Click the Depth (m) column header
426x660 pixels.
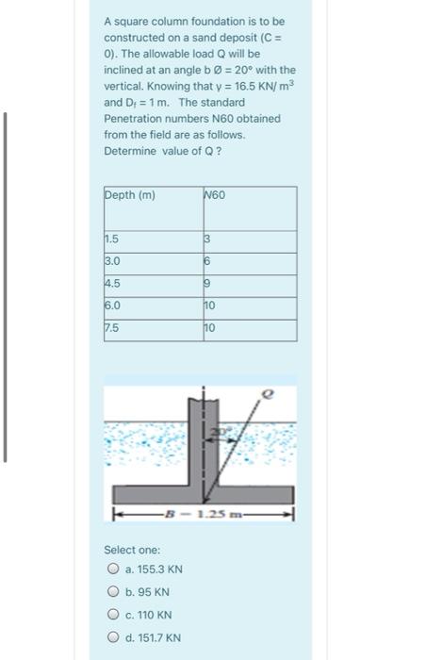click(x=130, y=196)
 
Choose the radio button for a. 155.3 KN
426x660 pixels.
click(x=112, y=569)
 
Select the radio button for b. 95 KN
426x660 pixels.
click(x=112, y=592)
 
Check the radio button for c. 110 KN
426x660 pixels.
click(x=112, y=615)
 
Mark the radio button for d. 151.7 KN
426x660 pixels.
click(x=112, y=637)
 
